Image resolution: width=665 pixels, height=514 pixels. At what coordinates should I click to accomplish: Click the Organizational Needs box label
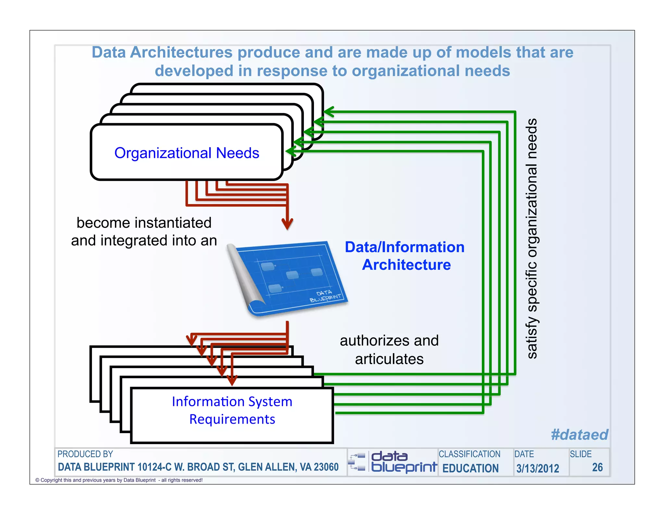187,153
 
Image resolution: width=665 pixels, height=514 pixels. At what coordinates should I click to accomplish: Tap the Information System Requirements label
232,410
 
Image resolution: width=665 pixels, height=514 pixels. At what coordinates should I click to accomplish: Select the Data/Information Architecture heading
405,256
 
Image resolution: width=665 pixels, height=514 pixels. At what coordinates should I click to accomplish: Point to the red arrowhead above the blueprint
287,224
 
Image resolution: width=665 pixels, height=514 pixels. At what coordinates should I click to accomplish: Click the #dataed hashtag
580,434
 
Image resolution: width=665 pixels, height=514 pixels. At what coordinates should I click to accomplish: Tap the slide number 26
597,467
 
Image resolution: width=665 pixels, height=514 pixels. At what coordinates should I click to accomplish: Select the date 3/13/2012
538,468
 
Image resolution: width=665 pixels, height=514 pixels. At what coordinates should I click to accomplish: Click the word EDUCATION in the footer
471,468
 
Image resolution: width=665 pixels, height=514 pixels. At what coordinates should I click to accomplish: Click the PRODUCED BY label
85,454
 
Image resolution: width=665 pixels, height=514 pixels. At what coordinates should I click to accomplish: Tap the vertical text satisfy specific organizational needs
532,239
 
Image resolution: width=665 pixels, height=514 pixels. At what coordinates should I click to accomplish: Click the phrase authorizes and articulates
389,350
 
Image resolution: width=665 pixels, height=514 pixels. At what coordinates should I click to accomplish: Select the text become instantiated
144,223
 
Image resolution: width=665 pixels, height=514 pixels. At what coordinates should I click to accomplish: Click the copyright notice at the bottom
119,480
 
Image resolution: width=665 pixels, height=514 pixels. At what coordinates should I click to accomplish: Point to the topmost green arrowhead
329,112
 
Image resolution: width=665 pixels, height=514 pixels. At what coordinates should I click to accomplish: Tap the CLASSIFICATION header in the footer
469,454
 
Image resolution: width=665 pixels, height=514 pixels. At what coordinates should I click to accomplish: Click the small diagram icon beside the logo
357,462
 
